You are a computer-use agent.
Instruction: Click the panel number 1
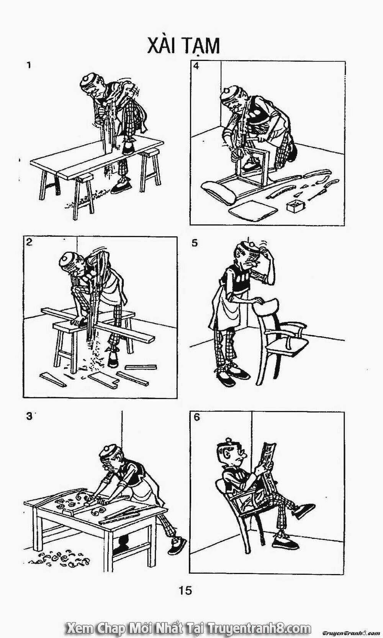click(29, 65)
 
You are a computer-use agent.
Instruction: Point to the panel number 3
click(29, 416)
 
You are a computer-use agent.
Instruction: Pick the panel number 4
click(196, 66)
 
